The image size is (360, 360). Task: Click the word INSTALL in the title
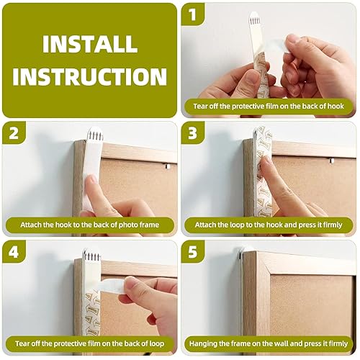pos(89,44)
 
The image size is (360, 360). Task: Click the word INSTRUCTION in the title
pos(89,76)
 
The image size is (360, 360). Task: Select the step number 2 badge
pos(14,133)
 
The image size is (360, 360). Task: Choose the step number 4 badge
pos(14,252)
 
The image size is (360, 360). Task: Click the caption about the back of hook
pos(269,106)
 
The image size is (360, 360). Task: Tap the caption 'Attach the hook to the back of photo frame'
pos(89,225)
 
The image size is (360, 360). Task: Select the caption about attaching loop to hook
pos(269,225)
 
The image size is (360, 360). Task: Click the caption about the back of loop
pos(89,343)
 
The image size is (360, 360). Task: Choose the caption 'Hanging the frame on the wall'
pos(269,343)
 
